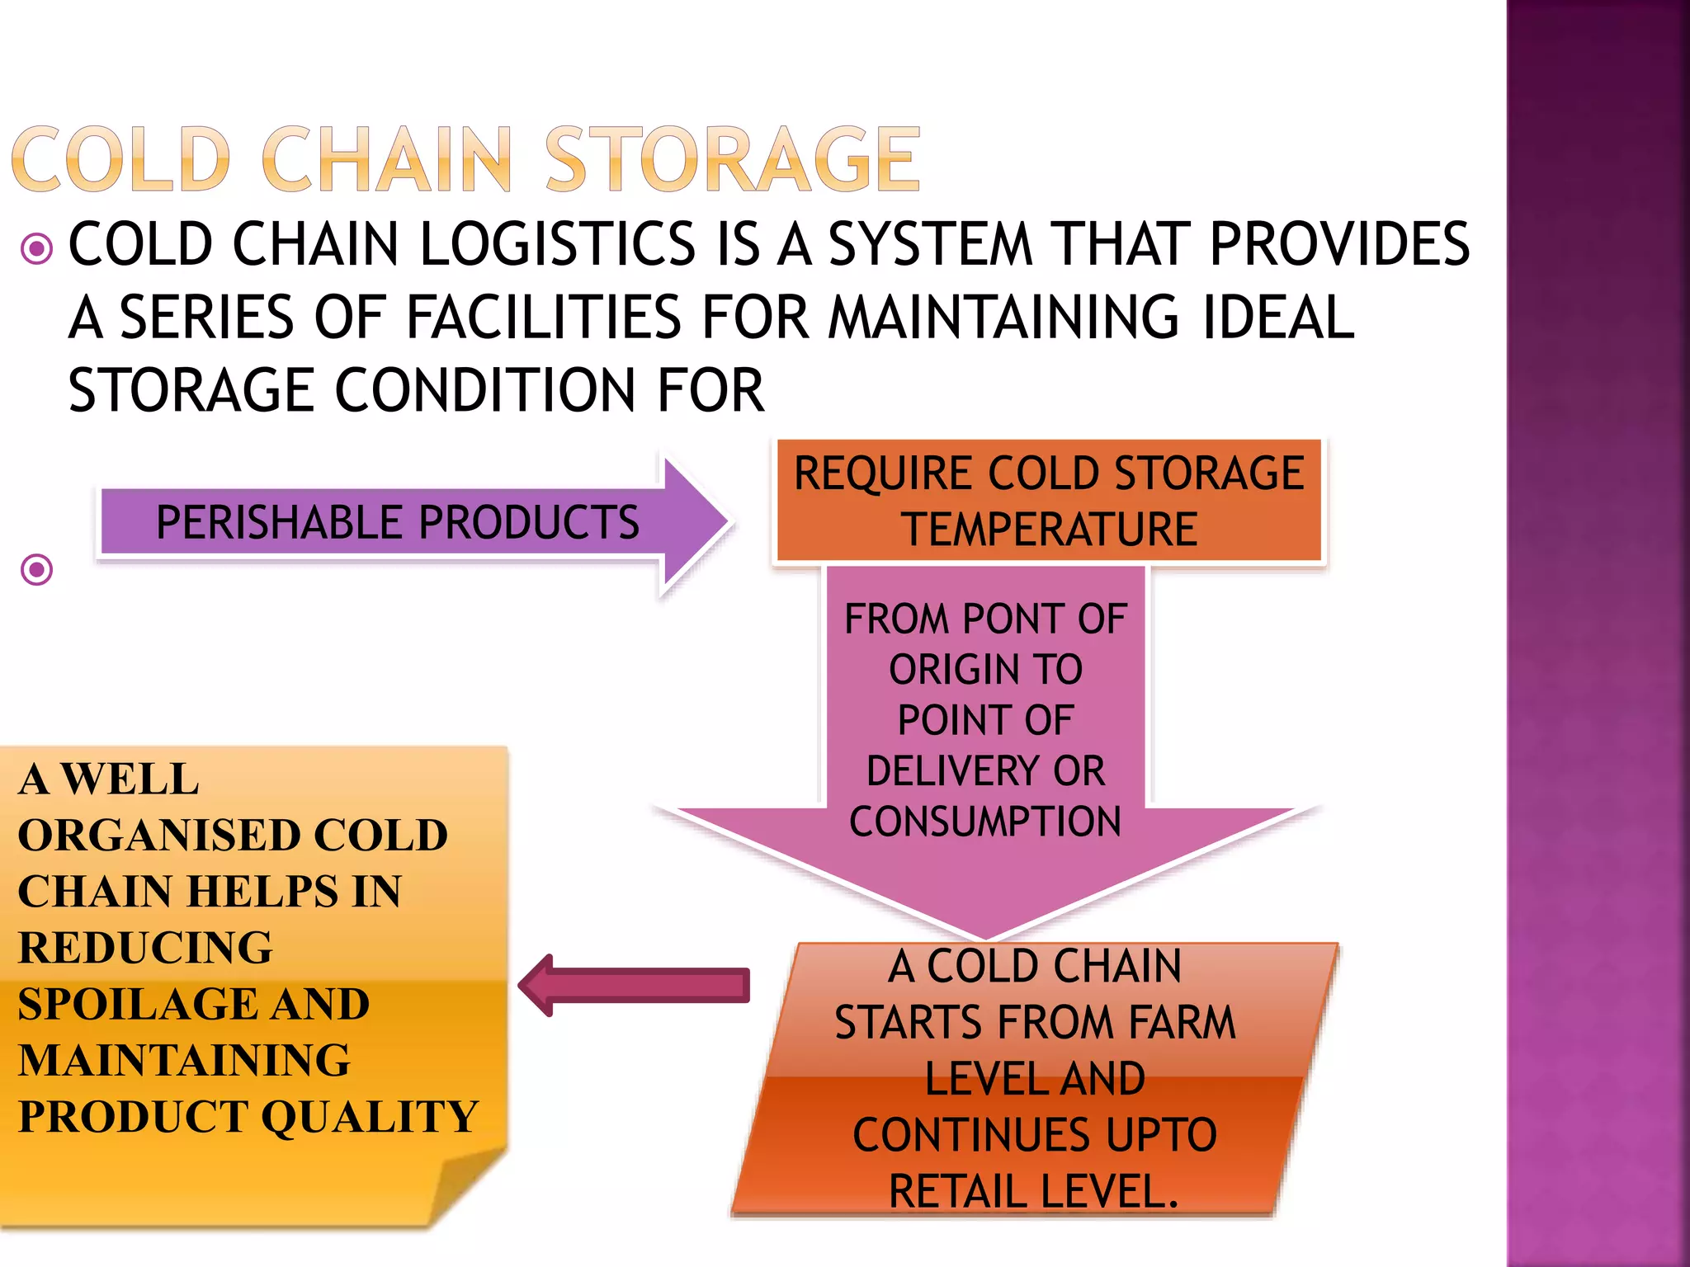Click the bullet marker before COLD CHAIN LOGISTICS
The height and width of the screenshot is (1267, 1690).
[x=37, y=247]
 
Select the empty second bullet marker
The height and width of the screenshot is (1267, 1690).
[x=37, y=569]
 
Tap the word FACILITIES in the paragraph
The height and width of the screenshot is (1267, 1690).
[x=544, y=318]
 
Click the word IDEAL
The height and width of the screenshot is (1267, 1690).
[x=1278, y=318]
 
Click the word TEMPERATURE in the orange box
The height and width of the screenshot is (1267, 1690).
[x=1049, y=529]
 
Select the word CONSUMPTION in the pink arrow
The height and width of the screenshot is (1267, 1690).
[x=985, y=822]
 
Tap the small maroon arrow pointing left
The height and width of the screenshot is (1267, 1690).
[x=635, y=985]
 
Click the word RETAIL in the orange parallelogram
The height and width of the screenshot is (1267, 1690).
[x=958, y=1191]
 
